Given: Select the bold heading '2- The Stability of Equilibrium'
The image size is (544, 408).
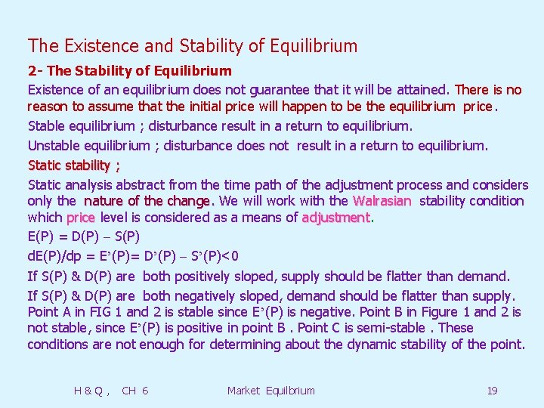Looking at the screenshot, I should pyautogui.click(x=130, y=71).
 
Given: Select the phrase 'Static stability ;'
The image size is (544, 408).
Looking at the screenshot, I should pyautogui.click(x=74, y=165).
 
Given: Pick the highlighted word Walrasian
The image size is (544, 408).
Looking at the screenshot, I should pyautogui.click(x=382, y=201).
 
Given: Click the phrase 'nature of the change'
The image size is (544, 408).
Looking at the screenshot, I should pyautogui.click(x=148, y=201).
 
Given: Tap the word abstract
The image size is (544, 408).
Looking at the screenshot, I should pyautogui.click(x=139, y=185).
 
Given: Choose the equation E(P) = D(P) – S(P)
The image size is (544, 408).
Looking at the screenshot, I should pyautogui.click(x=83, y=236).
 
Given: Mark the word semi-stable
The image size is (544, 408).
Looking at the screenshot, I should pyautogui.click(x=388, y=328).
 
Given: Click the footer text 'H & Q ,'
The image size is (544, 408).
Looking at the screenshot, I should pyautogui.click(x=91, y=391).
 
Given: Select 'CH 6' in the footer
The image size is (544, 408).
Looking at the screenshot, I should pyautogui.click(x=134, y=391).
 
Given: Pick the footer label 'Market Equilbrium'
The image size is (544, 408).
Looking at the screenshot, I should pyautogui.click(x=270, y=391).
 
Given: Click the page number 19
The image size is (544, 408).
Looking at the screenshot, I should pyautogui.click(x=492, y=391).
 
